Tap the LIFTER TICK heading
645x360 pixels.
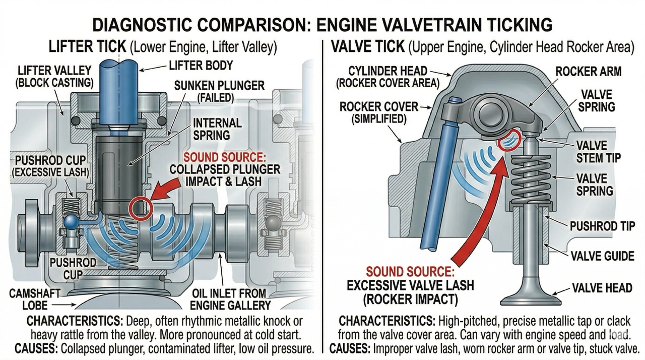(x=87, y=47)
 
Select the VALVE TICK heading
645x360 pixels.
(x=367, y=47)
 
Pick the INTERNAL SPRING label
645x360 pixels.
(x=218, y=129)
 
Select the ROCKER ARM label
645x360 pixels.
(x=588, y=71)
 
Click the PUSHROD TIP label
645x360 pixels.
(x=602, y=226)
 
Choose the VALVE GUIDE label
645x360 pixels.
(x=602, y=256)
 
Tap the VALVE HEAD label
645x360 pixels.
(x=602, y=288)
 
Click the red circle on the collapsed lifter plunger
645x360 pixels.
(x=139, y=208)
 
